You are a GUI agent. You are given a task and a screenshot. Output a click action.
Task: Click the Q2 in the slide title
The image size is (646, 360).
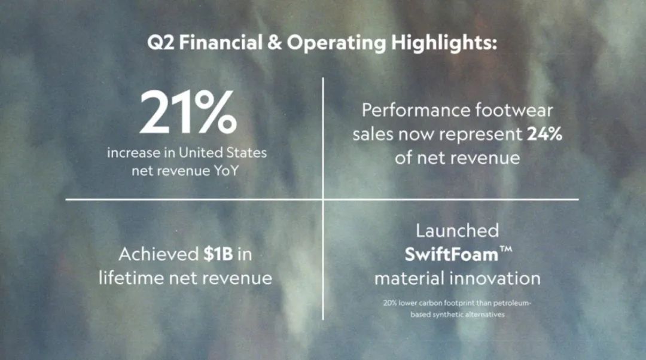[x=161, y=42]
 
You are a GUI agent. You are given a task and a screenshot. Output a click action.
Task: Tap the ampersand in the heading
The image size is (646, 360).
[x=275, y=42]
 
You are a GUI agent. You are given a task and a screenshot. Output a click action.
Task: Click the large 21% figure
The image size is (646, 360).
[x=188, y=112]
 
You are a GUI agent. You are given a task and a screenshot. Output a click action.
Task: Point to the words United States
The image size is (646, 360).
[x=223, y=153]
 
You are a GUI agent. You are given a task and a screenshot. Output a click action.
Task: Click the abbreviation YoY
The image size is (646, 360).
[x=226, y=170]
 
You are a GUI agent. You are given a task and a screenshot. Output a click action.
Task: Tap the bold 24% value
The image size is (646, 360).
[x=544, y=134]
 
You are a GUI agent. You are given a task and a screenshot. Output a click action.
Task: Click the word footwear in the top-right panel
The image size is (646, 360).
[x=514, y=110]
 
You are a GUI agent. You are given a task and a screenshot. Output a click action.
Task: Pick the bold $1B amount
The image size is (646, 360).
[x=218, y=254]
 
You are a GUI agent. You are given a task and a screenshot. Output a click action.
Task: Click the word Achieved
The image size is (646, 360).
[x=159, y=254]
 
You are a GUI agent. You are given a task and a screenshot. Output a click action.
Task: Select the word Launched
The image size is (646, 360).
[x=458, y=230]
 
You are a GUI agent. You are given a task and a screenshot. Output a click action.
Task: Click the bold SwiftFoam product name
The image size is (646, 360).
[x=452, y=255]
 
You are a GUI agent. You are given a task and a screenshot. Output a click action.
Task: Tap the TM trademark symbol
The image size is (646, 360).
[x=506, y=249]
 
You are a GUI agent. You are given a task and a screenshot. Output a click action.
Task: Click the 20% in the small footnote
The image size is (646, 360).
[x=390, y=303]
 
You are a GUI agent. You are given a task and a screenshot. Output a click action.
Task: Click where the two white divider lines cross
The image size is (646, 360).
[x=323, y=199]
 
